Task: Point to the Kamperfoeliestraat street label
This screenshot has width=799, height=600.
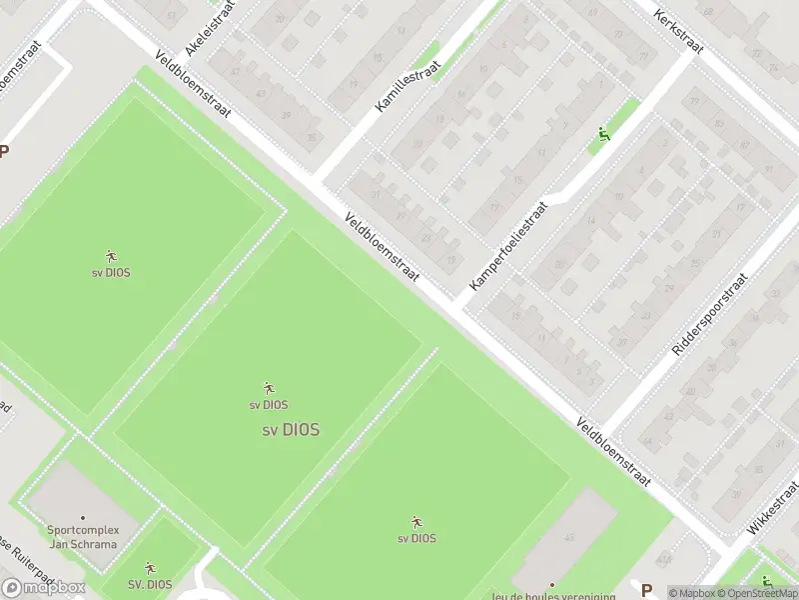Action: click(509, 246)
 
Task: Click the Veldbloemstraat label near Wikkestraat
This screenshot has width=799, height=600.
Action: click(613, 453)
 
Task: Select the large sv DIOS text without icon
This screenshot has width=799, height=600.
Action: click(291, 431)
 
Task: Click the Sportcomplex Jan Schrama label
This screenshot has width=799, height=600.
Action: click(83, 537)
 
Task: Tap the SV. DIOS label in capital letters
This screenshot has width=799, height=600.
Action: click(150, 585)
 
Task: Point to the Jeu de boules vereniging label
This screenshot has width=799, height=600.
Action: click(552, 594)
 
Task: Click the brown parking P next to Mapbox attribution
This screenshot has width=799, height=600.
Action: click(647, 590)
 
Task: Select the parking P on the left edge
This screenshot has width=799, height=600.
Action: click(4, 152)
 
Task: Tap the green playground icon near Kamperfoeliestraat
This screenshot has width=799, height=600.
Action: click(602, 135)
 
